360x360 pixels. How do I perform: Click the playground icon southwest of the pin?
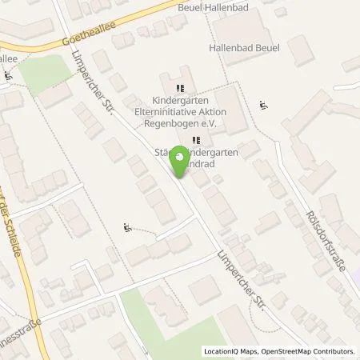126,228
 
